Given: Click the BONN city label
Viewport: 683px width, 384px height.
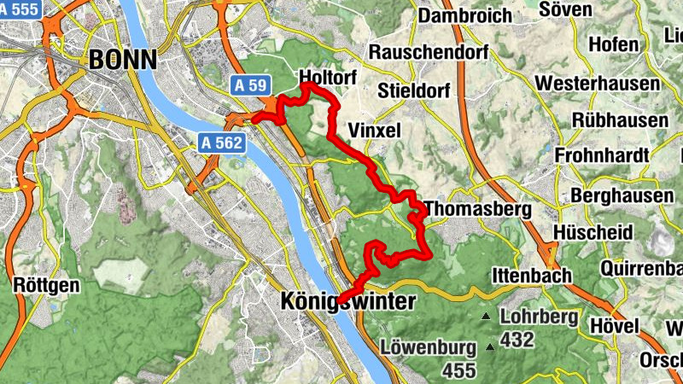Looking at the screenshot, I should click(124, 59).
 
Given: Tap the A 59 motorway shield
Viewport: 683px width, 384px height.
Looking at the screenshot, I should click(252, 84).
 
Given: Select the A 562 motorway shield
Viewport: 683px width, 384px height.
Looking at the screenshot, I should click(223, 143).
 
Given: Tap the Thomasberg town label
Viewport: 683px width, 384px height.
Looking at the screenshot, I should click(477, 209).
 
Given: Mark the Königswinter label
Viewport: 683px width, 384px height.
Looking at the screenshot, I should click(347, 302).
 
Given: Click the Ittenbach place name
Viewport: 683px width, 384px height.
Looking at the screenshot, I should click(529, 276).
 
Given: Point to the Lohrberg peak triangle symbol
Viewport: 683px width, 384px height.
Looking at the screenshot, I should click(486, 317).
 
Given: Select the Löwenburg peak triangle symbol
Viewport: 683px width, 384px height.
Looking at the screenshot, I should click(490, 346).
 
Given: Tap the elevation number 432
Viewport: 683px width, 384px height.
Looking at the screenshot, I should click(517, 340).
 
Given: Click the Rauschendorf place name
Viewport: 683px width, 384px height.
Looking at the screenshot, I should click(428, 52).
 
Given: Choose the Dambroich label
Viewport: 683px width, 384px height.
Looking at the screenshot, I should click(465, 15).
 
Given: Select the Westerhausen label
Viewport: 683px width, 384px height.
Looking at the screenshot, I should click(597, 84).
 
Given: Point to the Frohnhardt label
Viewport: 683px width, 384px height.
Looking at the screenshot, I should click(602, 155).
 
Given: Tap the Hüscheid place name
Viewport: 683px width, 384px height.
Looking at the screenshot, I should click(593, 232).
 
